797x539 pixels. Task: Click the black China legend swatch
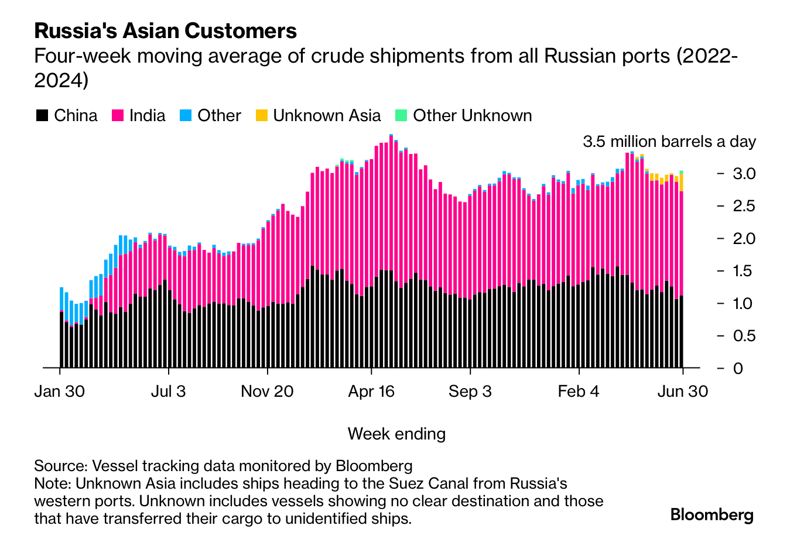click(x=42, y=115)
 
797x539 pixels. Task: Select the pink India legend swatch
click(x=117, y=115)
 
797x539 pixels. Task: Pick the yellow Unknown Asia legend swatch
click(x=261, y=115)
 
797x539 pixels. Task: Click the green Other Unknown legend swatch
click(x=401, y=115)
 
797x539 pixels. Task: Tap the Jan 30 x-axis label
click(x=60, y=392)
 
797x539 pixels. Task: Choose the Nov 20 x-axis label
click(x=267, y=392)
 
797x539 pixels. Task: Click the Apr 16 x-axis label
click(x=371, y=392)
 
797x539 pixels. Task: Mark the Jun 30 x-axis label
click(x=682, y=392)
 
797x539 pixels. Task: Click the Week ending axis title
click(x=396, y=434)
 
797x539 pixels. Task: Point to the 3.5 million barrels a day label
click(x=669, y=142)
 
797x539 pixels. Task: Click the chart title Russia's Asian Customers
click(x=166, y=30)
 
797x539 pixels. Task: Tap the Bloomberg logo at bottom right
click(x=712, y=514)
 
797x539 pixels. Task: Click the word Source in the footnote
click(x=60, y=466)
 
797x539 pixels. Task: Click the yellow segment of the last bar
click(x=681, y=183)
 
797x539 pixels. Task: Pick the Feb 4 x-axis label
click(x=579, y=392)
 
